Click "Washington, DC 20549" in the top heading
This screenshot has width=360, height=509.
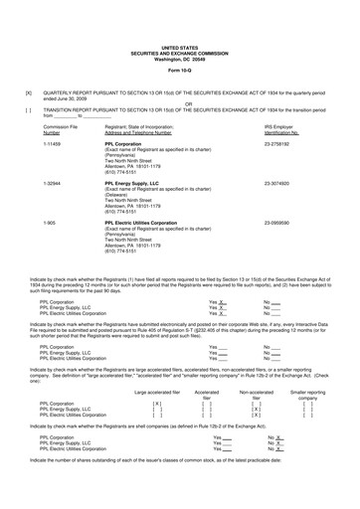(x=179, y=56)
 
